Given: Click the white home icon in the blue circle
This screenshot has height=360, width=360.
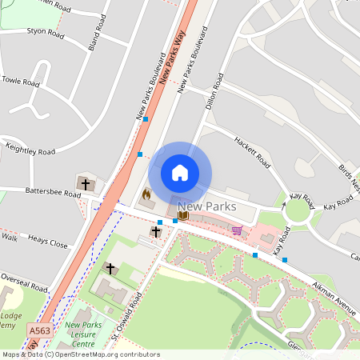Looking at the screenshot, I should click(180, 173).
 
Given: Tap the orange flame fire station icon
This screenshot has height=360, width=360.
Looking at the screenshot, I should click(146, 194).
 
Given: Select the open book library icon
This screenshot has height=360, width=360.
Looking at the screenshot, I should click(183, 214).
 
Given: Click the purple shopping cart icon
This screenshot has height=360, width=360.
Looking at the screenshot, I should click(237, 230).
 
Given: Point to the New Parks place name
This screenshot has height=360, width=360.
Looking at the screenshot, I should click(206, 206).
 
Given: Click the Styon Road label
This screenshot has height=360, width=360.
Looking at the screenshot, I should click(45, 33).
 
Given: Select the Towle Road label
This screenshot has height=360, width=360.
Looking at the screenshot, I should click(21, 82).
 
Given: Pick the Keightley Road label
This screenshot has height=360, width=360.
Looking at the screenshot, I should click(29, 150).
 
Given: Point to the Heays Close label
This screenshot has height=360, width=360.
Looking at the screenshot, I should click(47, 242).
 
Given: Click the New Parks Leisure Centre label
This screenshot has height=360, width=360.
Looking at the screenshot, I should click(82, 335).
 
